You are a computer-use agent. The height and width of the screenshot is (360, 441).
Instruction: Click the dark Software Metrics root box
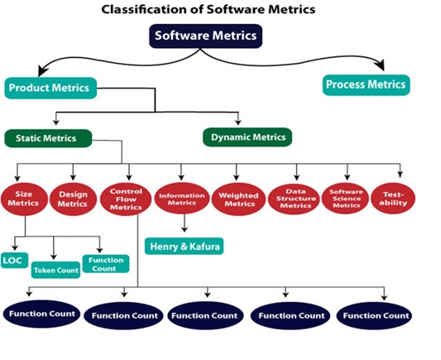tap(205, 36)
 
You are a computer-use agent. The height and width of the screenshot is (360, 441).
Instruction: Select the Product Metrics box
tap(50, 88)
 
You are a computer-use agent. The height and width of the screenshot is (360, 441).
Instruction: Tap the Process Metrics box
tap(367, 85)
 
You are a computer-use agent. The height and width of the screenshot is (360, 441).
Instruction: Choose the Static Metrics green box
tap(48, 138)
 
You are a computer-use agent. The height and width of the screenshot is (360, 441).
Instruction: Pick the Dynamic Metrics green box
tap(247, 137)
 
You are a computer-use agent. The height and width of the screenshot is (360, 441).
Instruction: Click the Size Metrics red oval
tap(24, 199)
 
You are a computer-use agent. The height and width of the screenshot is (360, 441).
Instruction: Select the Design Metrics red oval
tap(73, 199)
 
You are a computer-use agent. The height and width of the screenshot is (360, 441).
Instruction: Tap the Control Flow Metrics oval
tap(126, 199)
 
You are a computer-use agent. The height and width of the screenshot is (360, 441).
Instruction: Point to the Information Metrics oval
tap(182, 199)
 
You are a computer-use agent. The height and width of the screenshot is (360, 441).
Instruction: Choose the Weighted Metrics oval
tap(238, 199)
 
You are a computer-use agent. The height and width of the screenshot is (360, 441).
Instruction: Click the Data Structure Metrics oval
tap(294, 199)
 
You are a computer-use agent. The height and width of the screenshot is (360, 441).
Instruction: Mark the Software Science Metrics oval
tap(345, 199)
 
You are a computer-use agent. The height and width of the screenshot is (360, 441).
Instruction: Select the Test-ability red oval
tap(393, 199)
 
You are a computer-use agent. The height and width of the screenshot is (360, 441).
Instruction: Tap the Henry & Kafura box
tap(185, 247)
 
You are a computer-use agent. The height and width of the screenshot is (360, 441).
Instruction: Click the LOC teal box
tap(14, 261)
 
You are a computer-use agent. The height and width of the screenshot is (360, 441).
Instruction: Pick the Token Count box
tap(55, 270)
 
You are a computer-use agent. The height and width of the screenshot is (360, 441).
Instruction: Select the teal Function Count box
tap(106, 264)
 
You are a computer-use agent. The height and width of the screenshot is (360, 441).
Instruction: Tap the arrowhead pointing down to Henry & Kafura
tap(185, 229)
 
